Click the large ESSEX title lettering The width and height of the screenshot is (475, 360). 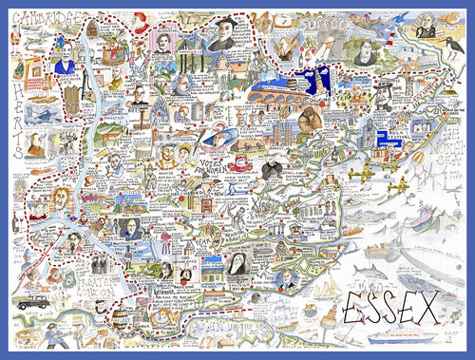390,307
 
